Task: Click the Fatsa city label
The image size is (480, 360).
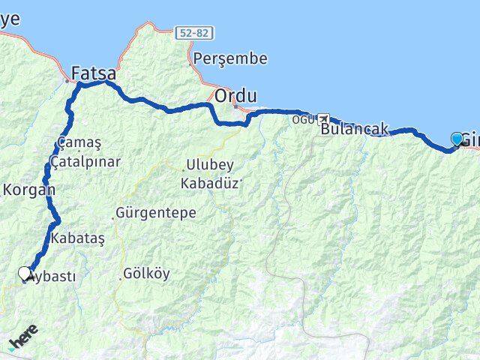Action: [94, 73]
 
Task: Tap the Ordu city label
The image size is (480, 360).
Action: [236, 96]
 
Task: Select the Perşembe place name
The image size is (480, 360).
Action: [224, 58]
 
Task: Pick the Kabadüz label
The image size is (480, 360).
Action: [208, 182]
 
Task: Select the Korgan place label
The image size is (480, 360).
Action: [28, 190]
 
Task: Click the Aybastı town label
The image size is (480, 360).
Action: [51, 276]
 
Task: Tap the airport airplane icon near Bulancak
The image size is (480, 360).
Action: [323, 118]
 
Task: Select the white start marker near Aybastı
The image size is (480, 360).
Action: [25, 274]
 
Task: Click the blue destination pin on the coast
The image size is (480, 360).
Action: [457, 139]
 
